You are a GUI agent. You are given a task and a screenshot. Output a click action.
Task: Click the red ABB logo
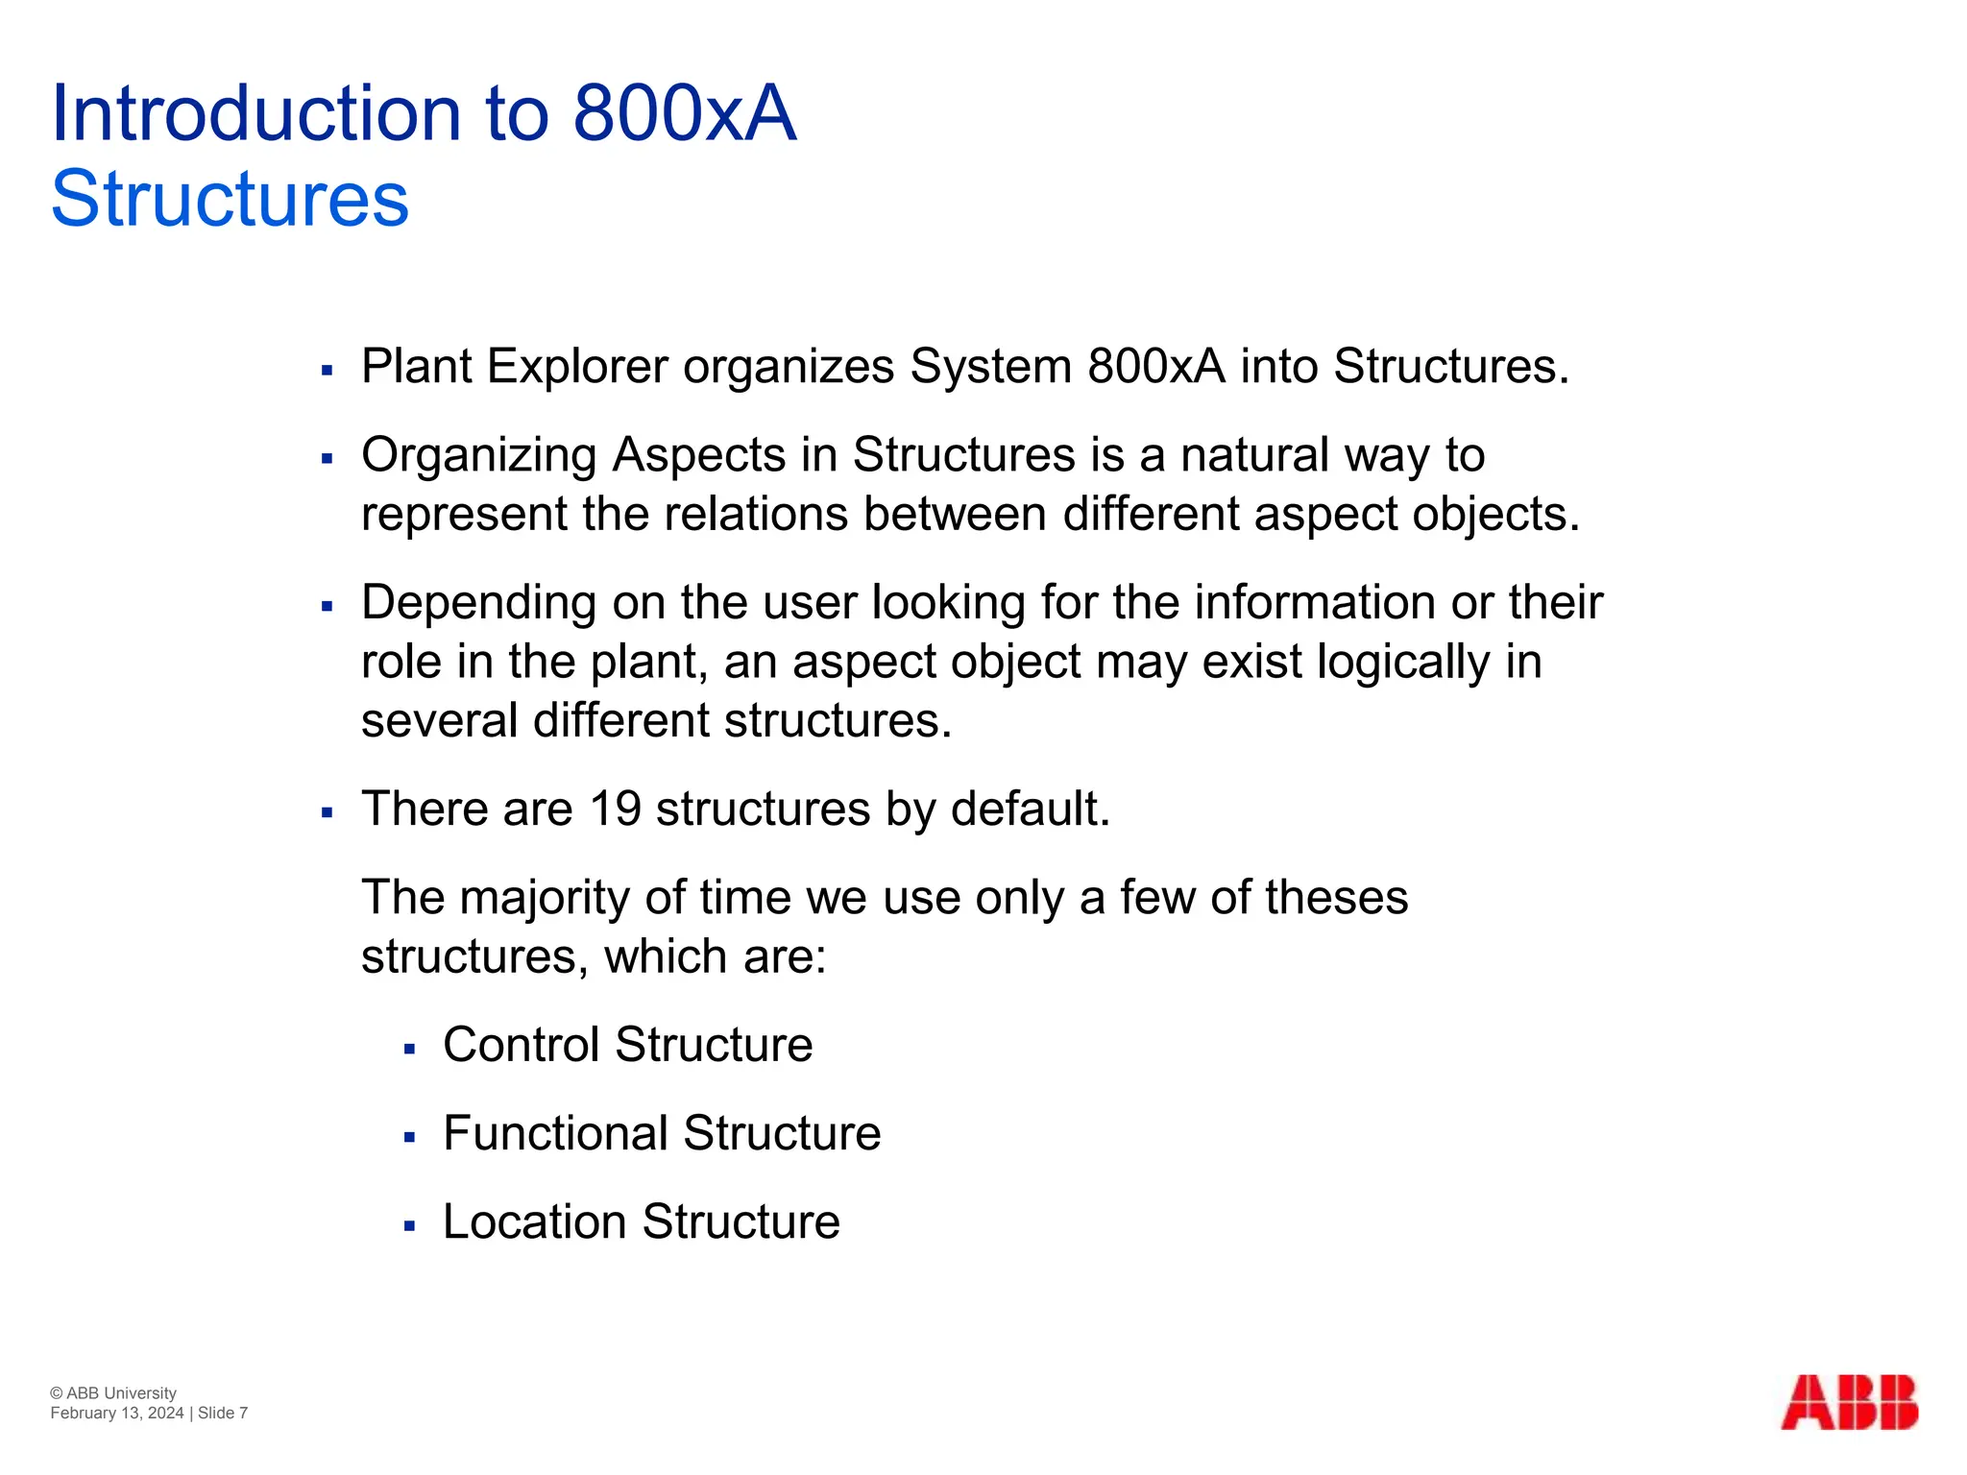pyautogui.click(x=1849, y=1403)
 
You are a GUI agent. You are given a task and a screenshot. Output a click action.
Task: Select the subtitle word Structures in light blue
pyautogui.click(x=230, y=199)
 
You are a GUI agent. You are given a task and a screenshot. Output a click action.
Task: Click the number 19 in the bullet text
pyautogui.click(x=615, y=809)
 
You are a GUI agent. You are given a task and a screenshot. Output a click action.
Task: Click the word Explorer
pyautogui.click(x=577, y=367)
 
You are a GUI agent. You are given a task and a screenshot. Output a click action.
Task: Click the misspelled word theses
pyautogui.click(x=1336, y=898)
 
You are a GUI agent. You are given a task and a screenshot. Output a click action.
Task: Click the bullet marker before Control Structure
pyautogui.click(x=409, y=1050)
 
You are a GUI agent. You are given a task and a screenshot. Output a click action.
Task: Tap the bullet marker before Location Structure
pyautogui.click(x=409, y=1226)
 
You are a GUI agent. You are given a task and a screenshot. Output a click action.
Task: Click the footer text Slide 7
pyautogui.click(x=223, y=1413)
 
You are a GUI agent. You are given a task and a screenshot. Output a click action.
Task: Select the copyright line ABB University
pyautogui.click(x=113, y=1393)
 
